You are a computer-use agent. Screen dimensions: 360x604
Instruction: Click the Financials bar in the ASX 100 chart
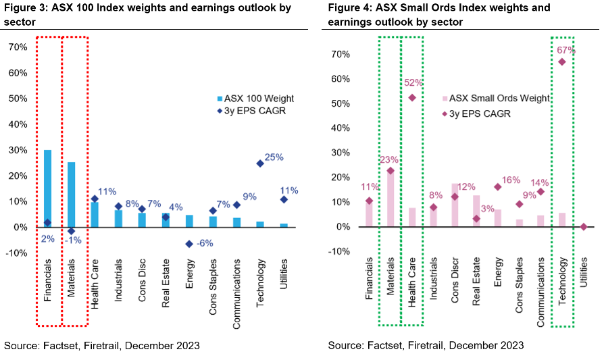pos(47,188)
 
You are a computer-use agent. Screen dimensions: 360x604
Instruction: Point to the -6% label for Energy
pos(204,244)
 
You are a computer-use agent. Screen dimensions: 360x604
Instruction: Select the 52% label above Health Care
pos(413,83)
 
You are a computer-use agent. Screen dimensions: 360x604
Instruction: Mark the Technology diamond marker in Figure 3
pos(260,163)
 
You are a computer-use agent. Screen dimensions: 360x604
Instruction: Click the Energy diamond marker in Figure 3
pos(189,244)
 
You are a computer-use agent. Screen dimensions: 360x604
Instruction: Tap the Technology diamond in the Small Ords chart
pos(562,61)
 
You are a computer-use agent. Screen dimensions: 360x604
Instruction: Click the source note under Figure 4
pos(426,346)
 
